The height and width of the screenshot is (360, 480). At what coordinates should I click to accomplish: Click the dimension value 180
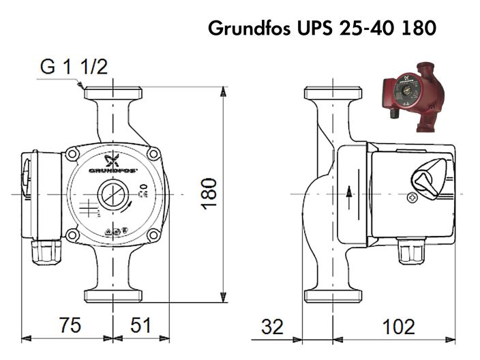[x=210, y=193]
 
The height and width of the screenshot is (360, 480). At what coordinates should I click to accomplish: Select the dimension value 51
[x=140, y=326]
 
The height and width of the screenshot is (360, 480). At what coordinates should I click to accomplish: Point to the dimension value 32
[x=272, y=327]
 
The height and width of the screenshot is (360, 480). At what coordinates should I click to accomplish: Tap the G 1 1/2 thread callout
[x=74, y=67]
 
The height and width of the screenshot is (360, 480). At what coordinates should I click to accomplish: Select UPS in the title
[x=316, y=30]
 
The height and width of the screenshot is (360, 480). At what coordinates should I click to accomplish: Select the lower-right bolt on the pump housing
[x=154, y=235]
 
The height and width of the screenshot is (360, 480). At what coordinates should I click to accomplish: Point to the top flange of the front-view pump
[x=112, y=93]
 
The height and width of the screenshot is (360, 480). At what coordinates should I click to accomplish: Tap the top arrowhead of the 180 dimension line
[x=224, y=92]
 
